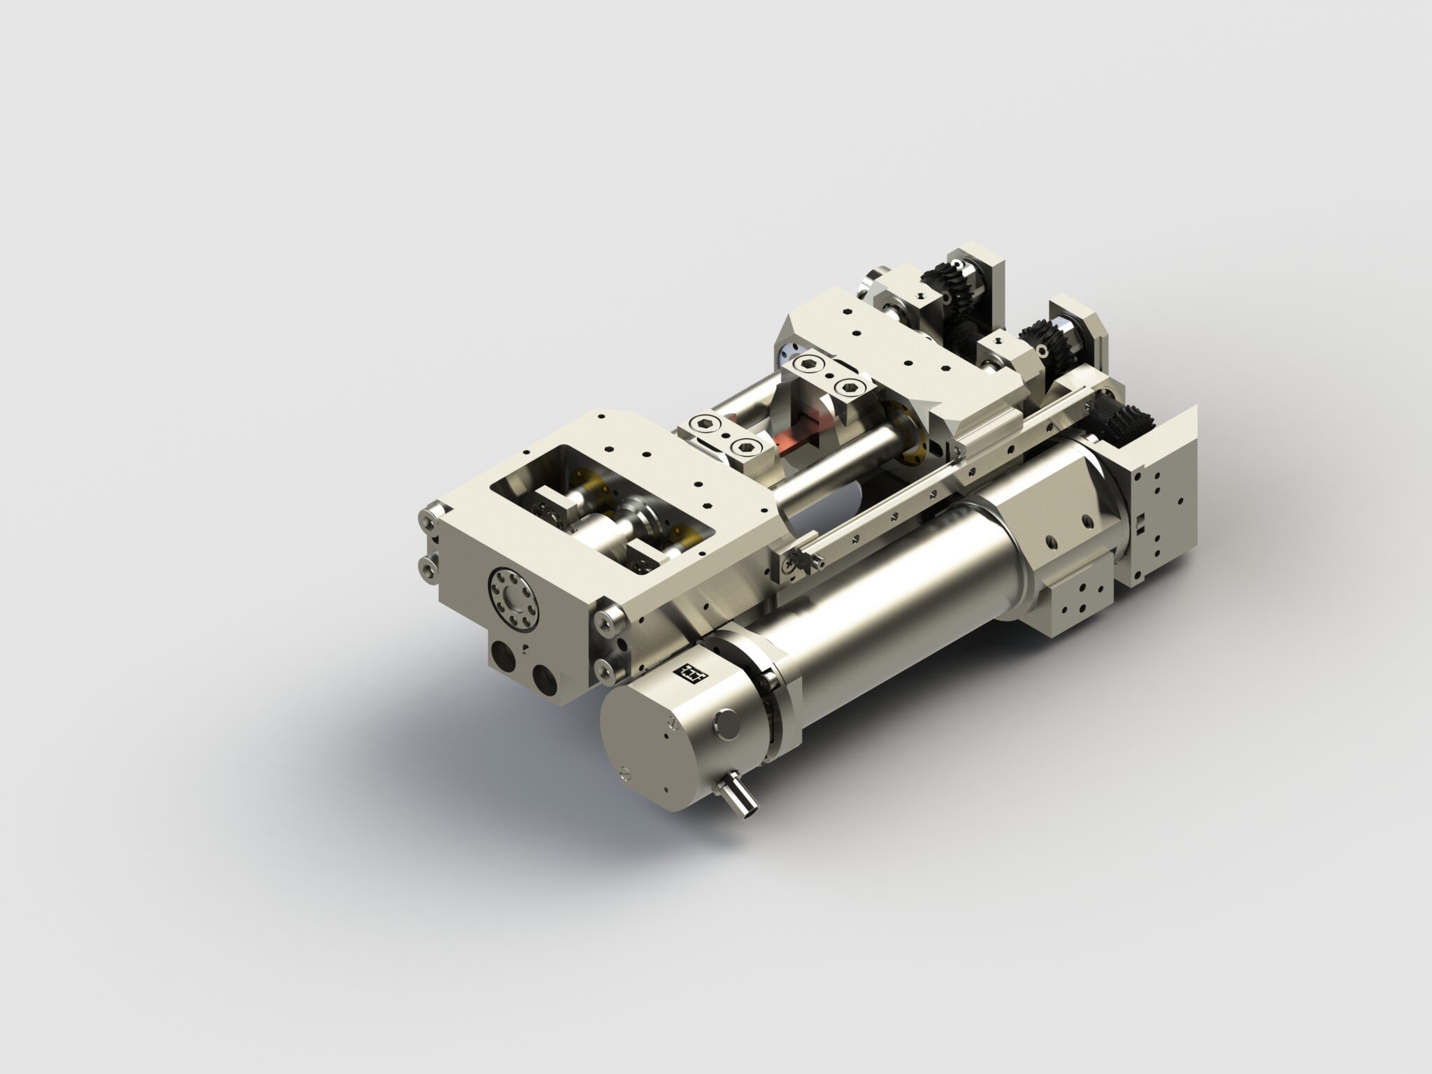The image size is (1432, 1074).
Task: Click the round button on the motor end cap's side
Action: tap(724, 722)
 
